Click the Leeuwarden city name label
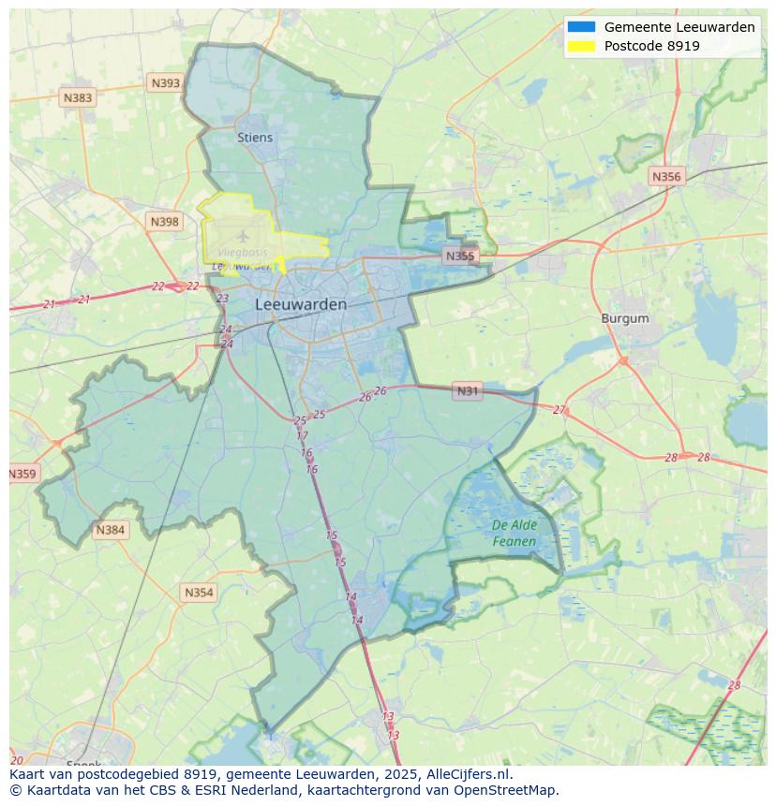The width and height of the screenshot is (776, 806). coord(301,305)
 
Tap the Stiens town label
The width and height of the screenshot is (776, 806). coord(255,138)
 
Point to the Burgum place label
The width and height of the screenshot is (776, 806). coord(625,318)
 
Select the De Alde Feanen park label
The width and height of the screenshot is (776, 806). coord(515,534)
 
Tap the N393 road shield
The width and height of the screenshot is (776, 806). coord(165,83)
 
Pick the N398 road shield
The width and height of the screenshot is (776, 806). coord(164,222)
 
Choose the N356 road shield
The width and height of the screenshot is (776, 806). coord(666,176)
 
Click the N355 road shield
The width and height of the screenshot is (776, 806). coord(460,256)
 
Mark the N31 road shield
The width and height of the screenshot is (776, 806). coord(467,391)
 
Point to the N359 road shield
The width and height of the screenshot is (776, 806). coord(22,475)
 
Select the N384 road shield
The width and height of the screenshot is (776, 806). coord(110,531)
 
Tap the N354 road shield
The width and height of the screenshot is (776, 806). coord(199,593)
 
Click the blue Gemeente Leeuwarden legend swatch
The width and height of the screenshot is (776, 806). coord(581,27)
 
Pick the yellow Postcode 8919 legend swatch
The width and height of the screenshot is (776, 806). coord(581,46)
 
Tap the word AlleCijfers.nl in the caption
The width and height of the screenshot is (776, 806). coord(469,775)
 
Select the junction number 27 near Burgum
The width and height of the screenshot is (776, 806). coord(560,410)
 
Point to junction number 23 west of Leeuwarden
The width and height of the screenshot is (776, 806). coord(222,299)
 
